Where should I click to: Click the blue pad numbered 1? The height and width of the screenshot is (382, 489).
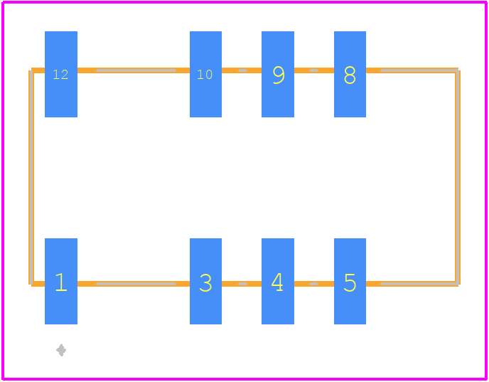pyautogui.click(x=61, y=281)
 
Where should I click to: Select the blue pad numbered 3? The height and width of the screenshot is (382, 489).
pyautogui.click(x=206, y=281)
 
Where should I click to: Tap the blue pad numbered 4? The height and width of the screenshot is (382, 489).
pyautogui.click(x=278, y=281)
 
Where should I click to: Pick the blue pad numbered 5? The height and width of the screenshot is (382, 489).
pyautogui.click(x=350, y=281)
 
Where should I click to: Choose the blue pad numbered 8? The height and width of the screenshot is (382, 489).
pyautogui.click(x=350, y=74)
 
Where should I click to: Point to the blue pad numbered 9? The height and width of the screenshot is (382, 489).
pyautogui.click(x=278, y=74)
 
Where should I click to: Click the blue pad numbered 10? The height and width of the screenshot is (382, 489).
pyautogui.click(x=206, y=74)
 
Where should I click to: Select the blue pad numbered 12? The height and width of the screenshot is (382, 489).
pyautogui.click(x=61, y=74)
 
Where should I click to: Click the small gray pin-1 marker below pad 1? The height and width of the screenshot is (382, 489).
pyautogui.click(x=61, y=350)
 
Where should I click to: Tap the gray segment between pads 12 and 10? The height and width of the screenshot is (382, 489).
pyautogui.click(x=136, y=70)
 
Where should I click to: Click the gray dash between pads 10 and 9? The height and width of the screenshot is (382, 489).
pyautogui.click(x=242, y=70)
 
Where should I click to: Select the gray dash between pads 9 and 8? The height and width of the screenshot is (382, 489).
pyautogui.click(x=313, y=70)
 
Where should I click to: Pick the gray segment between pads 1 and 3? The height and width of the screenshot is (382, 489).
pyautogui.click(x=136, y=284)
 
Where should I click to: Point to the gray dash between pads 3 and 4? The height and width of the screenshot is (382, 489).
pyautogui.click(x=242, y=284)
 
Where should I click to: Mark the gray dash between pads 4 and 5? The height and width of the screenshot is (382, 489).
pyautogui.click(x=313, y=284)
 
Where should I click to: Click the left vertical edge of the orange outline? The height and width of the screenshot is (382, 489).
pyautogui.click(x=31, y=177)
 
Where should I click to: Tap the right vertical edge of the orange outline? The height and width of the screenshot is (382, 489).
pyautogui.click(x=458, y=177)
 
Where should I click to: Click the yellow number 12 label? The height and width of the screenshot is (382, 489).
pyautogui.click(x=60, y=75)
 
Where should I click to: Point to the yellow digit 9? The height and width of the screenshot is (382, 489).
pyautogui.click(x=279, y=75)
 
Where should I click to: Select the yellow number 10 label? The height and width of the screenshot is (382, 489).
pyautogui.click(x=205, y=75)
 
